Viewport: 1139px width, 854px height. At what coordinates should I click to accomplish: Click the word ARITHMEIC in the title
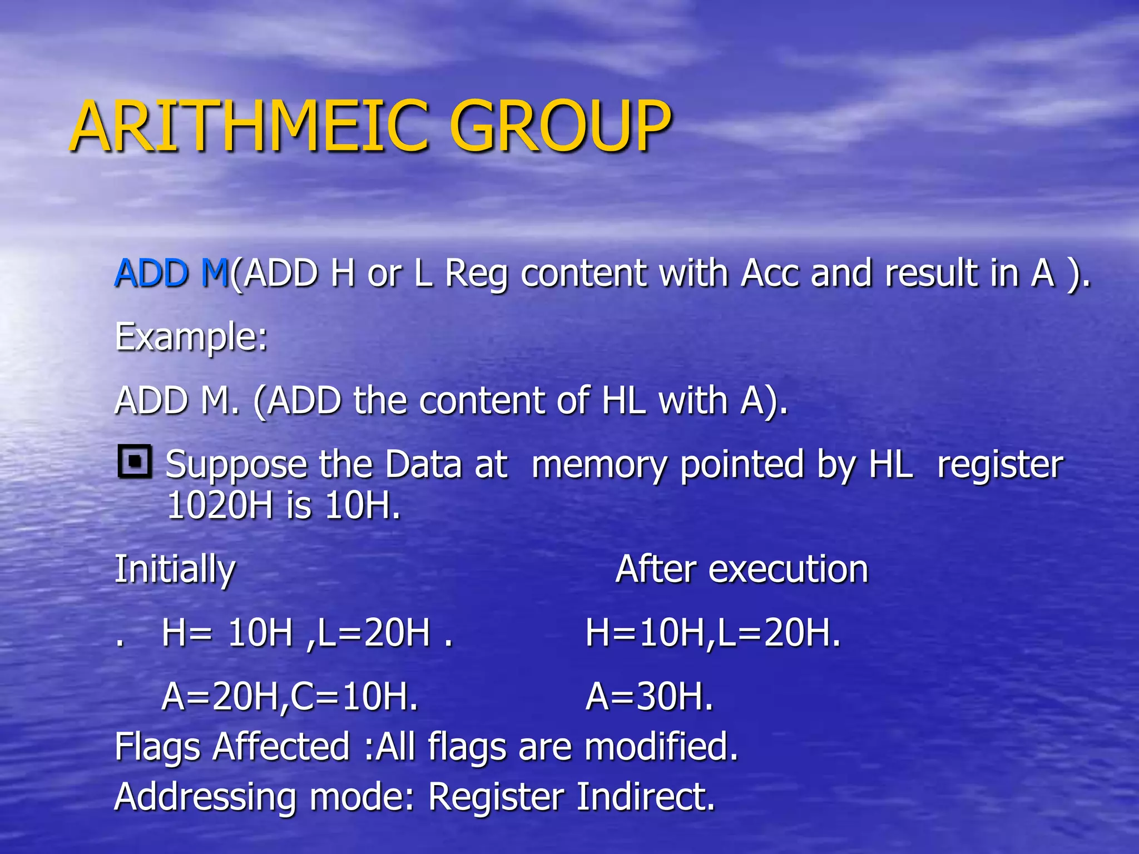(x=250, y=126)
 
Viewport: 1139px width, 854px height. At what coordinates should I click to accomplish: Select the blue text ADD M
(x=171, y=273)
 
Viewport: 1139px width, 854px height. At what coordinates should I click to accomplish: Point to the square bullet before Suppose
(x=135, y=461)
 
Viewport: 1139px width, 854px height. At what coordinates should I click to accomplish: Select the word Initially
(x=175, y=569)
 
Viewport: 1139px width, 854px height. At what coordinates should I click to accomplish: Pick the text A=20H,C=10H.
(x=289, y=696)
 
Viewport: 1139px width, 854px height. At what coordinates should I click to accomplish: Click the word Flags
(x=157, y=747)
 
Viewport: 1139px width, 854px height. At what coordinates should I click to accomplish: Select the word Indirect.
(x=645, y=797)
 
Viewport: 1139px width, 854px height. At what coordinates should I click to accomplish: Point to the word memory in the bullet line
(x=600, y=465)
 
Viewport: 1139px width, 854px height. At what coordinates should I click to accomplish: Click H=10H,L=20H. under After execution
(x=713, y=633)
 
